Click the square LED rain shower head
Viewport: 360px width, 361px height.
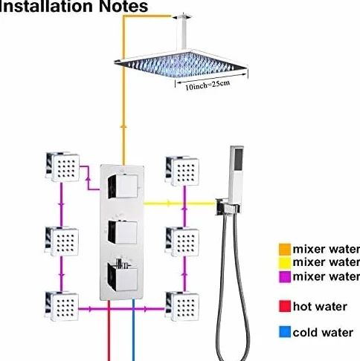click(181, 65)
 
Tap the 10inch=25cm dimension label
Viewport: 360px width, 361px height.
click(208, 85)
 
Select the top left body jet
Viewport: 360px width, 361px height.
click(62, 167)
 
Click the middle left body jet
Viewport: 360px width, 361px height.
click(62, 241)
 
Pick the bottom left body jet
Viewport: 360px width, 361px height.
click(62, 306)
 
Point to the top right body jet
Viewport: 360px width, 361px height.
click(182, 171)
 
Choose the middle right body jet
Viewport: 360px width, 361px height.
click(182, 241)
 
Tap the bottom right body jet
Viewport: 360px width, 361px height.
click(182, 307)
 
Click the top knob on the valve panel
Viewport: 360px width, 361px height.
click(123, 186)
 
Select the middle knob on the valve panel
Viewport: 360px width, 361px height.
click(123, 232)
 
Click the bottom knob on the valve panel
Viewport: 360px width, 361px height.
click(123, 276)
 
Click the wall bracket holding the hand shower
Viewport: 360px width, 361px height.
click(228, 206)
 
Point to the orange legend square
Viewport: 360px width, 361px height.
click(285, 250)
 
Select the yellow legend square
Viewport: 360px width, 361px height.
click(285, 263)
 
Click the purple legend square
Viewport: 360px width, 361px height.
click(285, 276)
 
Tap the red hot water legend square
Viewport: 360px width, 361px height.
click(285, 306)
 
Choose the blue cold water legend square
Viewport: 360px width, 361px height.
click(285, 332)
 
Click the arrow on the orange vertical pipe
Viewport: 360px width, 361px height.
click(123, 126)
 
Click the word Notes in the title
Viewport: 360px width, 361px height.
click(123, 6)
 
